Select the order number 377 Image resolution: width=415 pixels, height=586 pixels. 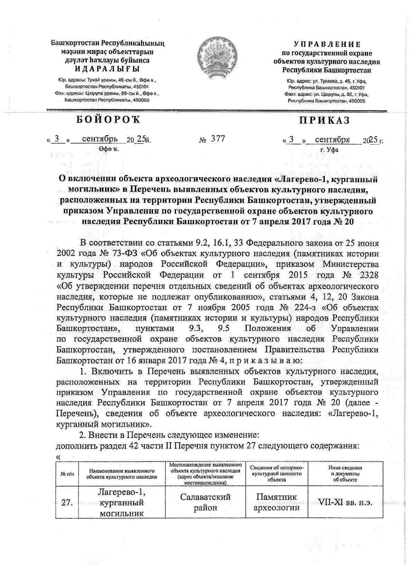(x=218, y=139)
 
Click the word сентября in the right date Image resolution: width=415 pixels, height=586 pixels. (x=332, y=140)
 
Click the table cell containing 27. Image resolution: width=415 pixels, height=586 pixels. (x=67, y=502)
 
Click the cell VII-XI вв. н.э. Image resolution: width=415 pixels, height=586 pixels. (x=345, y=502)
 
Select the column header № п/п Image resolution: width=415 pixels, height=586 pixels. (x=67, y=474)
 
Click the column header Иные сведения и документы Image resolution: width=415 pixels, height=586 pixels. (x=345, y=474)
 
